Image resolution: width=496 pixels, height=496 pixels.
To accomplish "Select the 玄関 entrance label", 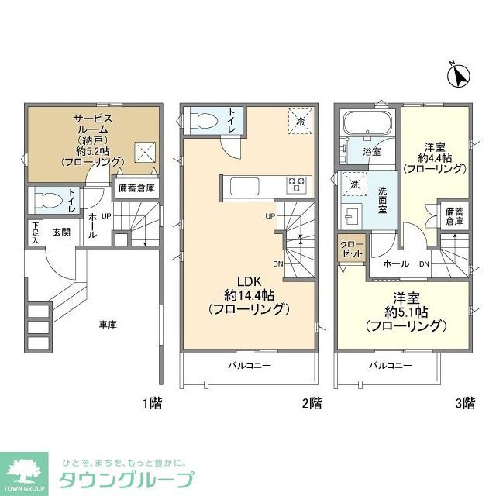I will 62,232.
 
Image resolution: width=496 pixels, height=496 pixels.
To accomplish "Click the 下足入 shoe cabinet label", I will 35,232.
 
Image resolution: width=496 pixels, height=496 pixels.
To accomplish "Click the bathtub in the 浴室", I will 367,125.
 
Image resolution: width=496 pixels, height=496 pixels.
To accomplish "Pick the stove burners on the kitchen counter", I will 296,184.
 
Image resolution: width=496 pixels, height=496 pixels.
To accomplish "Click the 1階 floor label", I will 152,403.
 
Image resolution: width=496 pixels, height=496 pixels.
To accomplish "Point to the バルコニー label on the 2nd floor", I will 249,365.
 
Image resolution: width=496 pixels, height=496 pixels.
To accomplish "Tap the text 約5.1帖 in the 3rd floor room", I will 408,311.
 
